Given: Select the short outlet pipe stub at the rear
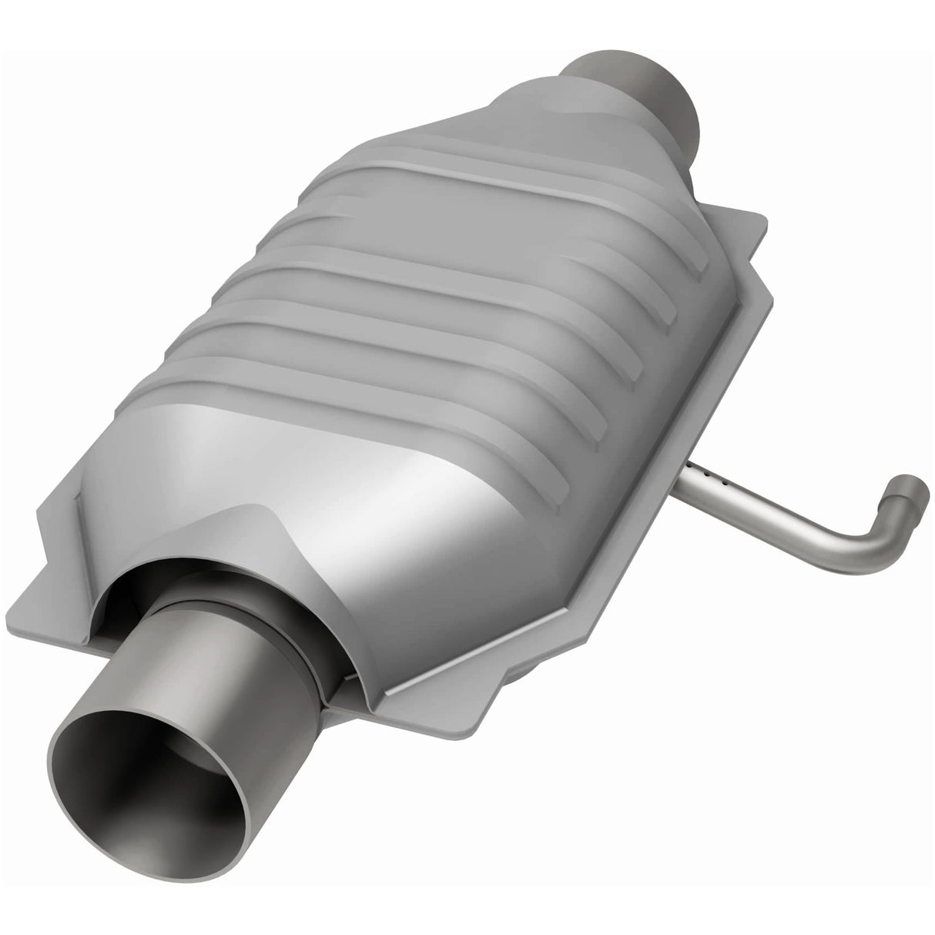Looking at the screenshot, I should point(639,85).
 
